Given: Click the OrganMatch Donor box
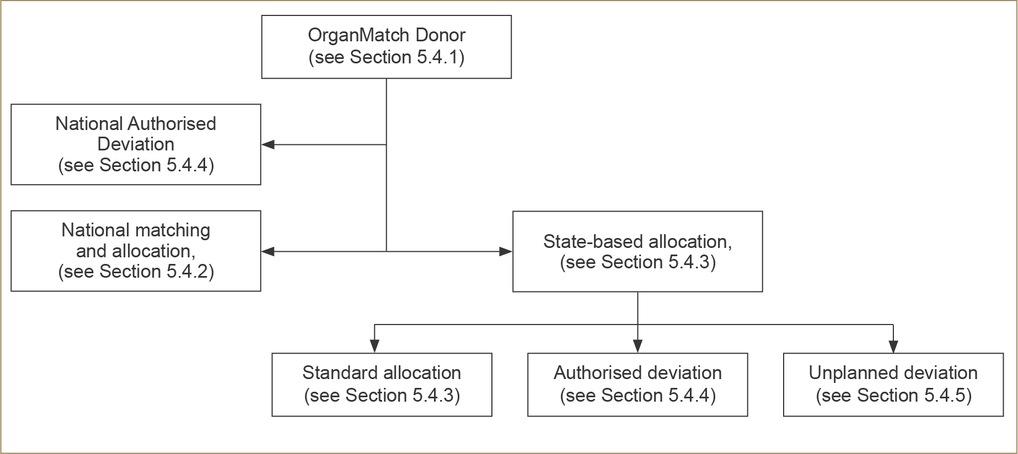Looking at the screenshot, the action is [386, 47].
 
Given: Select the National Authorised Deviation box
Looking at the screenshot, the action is [136, 144].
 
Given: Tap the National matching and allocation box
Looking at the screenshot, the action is [136, 251].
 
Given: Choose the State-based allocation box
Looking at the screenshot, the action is [637, 251].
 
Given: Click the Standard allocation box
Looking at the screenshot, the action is [382, 385].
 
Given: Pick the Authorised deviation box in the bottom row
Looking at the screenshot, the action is [637, 385].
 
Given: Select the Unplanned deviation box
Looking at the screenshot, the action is [893, 385].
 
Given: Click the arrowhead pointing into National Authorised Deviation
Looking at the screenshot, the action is [268, 145].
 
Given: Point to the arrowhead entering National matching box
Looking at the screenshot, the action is [268, 252].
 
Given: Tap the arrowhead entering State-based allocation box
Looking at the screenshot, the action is [506, 252].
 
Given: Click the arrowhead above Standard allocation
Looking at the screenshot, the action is [375, 347].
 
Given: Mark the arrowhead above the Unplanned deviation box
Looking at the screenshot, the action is [893, 347].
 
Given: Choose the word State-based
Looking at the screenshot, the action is [593, 241].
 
